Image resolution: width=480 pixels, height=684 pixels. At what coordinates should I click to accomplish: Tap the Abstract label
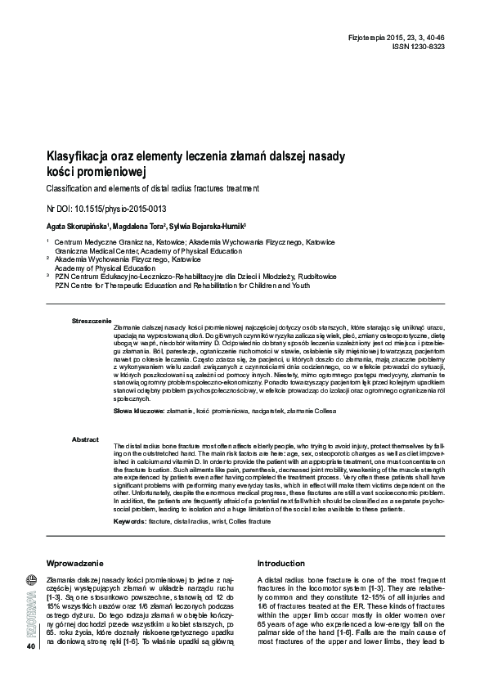click(86, 439)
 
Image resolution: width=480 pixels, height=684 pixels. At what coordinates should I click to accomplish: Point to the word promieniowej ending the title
click(104, 172)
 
